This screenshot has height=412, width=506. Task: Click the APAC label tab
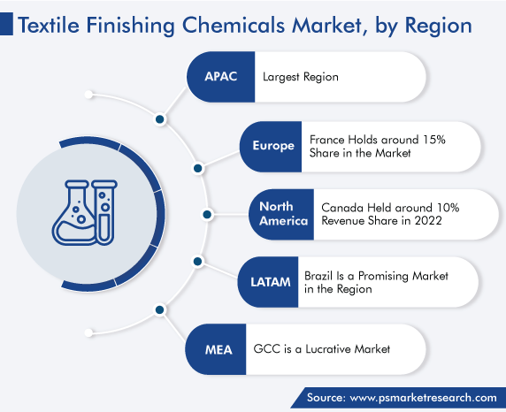tap(221, 77)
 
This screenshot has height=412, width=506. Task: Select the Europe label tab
tap(271, 147)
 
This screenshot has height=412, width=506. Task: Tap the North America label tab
tap(281, 214)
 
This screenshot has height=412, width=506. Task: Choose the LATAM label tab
tap(269, 282)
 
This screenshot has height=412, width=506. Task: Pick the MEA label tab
tap(216, 349)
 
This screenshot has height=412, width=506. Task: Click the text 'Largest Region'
tap(301, 77)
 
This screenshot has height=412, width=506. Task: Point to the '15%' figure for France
tap(434, 140)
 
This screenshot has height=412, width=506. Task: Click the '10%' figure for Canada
tap(448, 208)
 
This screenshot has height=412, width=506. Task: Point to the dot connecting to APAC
tap(160, 119)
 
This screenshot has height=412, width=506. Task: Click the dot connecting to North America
tap(207, 214)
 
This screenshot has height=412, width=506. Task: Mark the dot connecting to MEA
tap(160, 309)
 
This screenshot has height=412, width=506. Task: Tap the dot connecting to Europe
tap(198, 168)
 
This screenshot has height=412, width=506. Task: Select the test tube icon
tap(104, 212)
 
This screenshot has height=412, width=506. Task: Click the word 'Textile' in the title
tap(49, 26)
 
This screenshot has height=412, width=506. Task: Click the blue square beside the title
tap(6, 24)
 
